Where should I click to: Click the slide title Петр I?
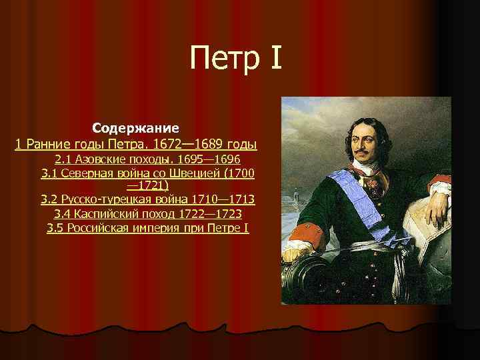coord(236,58)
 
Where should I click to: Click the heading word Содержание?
coord(135,127)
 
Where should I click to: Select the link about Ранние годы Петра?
coord(136,144)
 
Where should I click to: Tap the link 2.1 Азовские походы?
coord(148,159)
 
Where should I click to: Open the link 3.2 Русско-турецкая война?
coord(148,199)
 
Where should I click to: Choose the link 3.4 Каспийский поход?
coord(148,214)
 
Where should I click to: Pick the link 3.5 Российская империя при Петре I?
coord(148,229)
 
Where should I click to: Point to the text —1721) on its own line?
coord(147,185)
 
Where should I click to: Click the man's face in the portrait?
coord(371,144)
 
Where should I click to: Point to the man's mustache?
coord(369,156)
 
